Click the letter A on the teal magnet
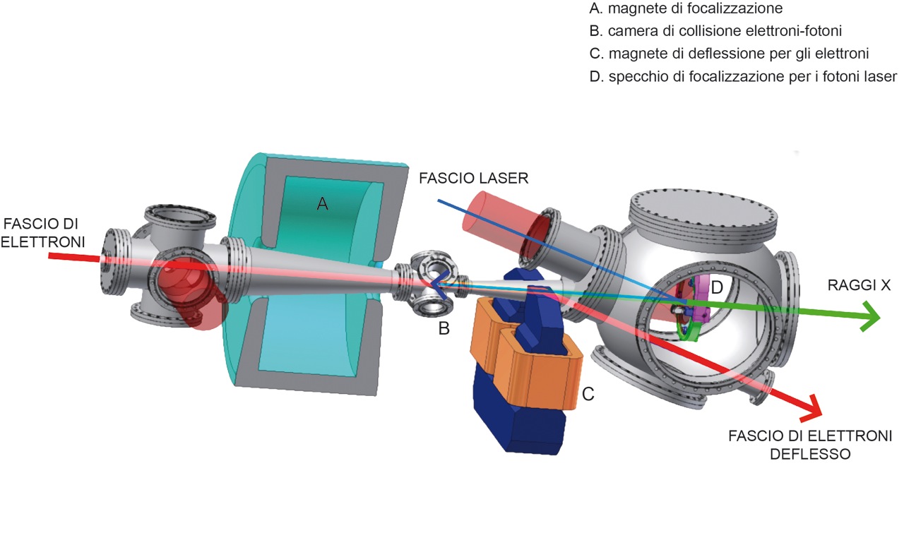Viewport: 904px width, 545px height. point(322,203)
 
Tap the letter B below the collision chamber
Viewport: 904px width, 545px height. point(443,328)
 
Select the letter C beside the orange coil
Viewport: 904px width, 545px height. point(588,393)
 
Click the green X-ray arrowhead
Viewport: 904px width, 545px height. point(871,318)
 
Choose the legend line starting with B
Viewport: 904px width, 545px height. point(713,31)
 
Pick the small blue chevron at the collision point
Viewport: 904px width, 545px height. point(439,285)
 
